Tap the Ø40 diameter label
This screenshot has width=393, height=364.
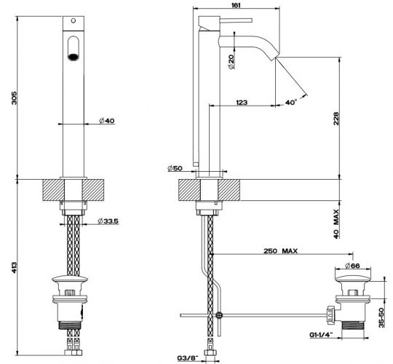click(107, 122)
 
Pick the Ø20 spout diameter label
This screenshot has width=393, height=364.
click(230, 63)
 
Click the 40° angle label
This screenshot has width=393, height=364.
click(290, 103)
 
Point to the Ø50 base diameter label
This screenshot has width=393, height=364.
click(174, 169)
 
